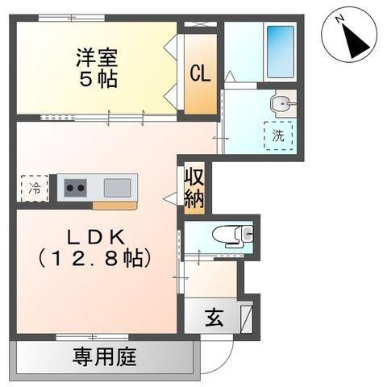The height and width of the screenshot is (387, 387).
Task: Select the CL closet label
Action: pyautogui.click(x=200, y=73)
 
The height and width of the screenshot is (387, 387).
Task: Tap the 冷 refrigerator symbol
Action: pyautogui.click(x=35, y=189)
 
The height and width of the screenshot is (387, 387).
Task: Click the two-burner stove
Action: pyautogui.click(x=77, y=189)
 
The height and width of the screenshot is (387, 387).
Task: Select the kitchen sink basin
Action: pyautogui.click(x=119, y=188)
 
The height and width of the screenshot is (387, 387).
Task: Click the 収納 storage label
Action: pyautogui.click(x=193, y=187)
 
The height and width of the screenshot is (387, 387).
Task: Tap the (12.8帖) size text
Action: pyautogui.click(x=95, y=259)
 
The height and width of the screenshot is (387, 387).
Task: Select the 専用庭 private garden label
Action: pyautogui.click(x=105, y=355)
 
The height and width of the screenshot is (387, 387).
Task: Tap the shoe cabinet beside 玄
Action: pyautogui.click(x=247, y=316)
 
